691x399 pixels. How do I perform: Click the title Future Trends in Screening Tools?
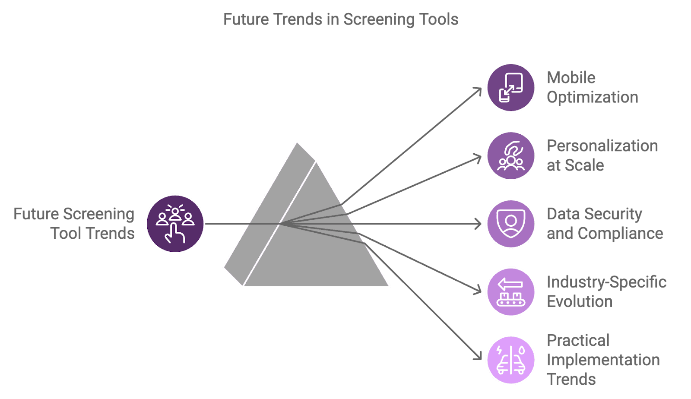pyautogui.click(x=341, y=19)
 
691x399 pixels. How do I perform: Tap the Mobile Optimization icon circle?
pyautogui.click(x=511, y=88)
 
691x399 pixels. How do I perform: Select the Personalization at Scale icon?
pyautogui.click(x=511, y=156)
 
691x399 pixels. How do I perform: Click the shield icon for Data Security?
pyautogui.click(x=511, y=224)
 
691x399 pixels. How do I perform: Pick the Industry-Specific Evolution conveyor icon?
pyautogui.click(x=511, y=292)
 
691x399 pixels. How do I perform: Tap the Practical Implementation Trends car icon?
pyautogui.click(x=511, y=360)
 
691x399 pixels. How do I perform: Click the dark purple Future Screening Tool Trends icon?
pyautogui.click(x=175, y=224)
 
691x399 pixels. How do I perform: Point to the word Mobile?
pyautogui.click(x=571, y=78)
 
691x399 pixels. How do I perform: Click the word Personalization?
pyautogui.click(x=602, y=146)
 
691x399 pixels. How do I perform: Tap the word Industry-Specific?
pyautogui.click(x=606, y=282)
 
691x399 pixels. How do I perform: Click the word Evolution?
pyautogui.click(x=580, y=301)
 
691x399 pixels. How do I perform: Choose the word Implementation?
pyautogui.click(x=603, y=360)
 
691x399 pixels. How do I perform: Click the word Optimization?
pyautogui.click(x=593, y=97)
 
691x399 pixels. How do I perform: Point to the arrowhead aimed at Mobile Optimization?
pyautogui.click(x=479, y=89)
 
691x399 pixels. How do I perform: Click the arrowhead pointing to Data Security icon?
pyautogui.click(x=479, y=224)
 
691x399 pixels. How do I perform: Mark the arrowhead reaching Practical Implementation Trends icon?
pyautogui.click(x=479, y=357)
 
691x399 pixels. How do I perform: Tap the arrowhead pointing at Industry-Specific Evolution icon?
pyautogui.click(x=479, y=291)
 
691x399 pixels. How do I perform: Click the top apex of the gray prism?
pyautogui.click(x=297, y=142)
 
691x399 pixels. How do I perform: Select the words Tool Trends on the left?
pyautogui.click(x=92, y=234)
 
